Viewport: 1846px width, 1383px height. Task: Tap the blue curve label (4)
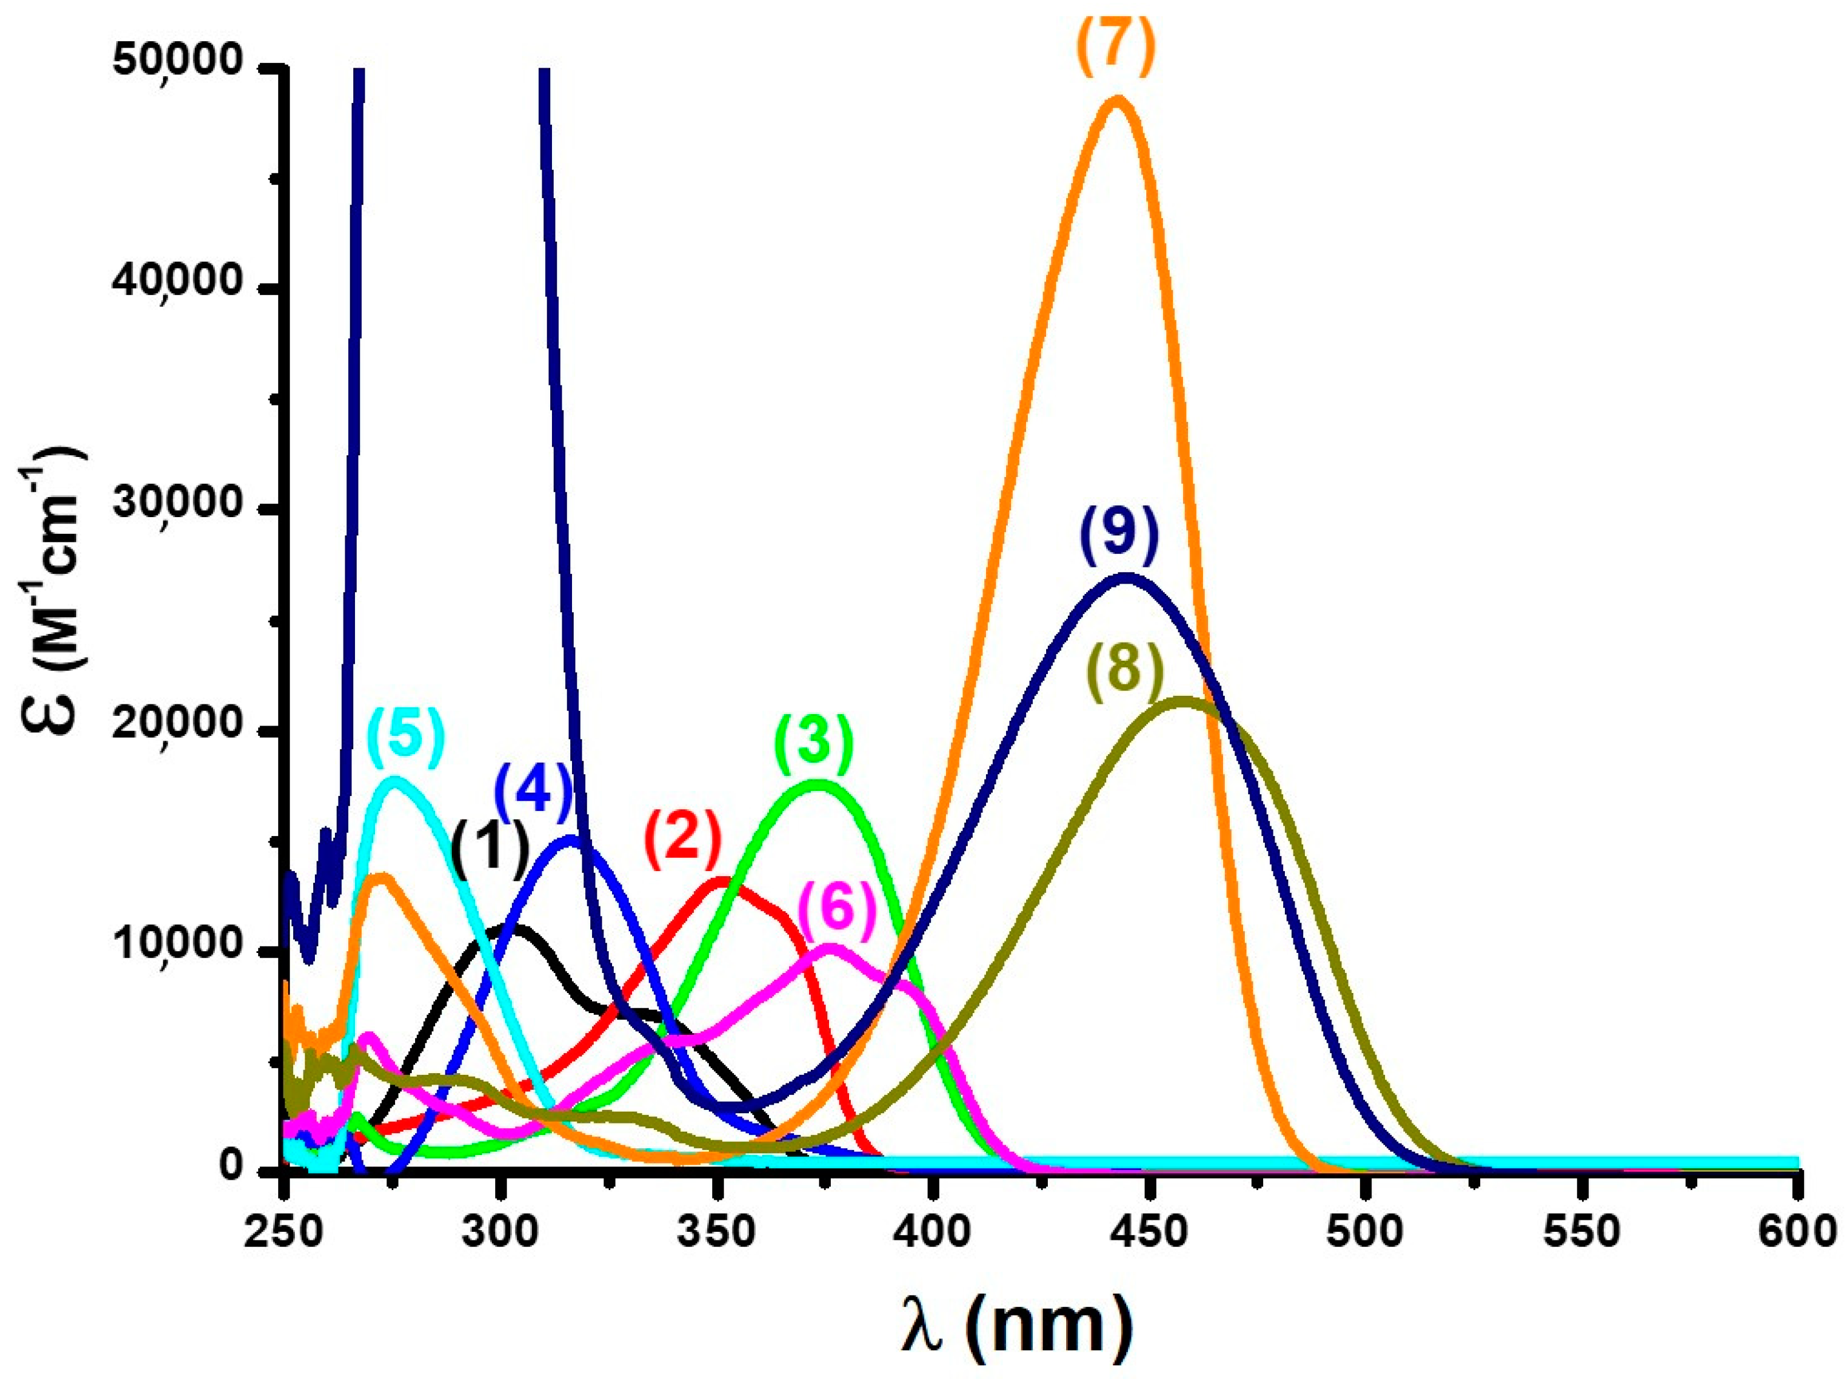[x=534, y=789]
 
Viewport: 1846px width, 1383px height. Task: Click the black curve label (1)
[x=491, y=848]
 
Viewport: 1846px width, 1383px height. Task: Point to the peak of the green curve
[x=816, y=783]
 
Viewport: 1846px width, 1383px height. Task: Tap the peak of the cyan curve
[x=395, y=781]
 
